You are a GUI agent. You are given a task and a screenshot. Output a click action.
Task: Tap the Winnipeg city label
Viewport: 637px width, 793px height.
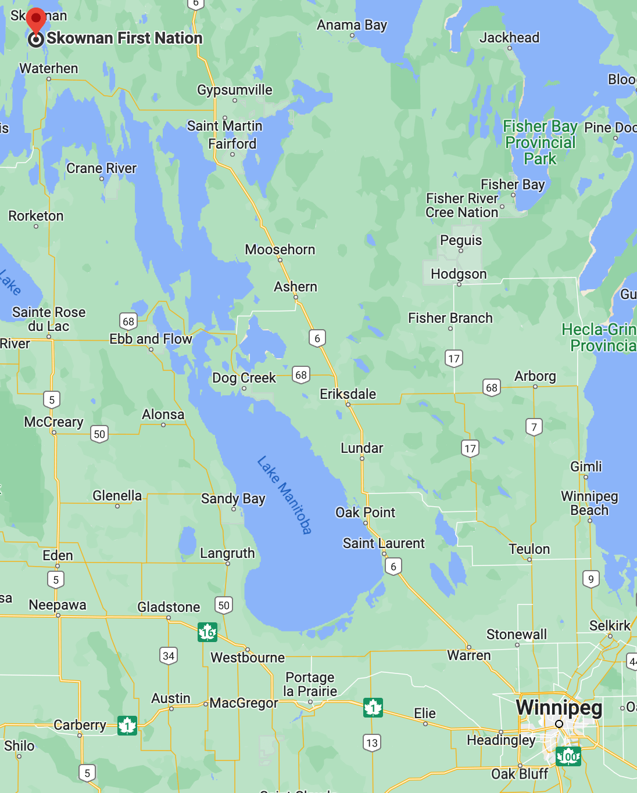pos(559,707)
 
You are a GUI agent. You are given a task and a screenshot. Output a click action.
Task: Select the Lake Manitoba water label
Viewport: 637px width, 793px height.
pos(285,495)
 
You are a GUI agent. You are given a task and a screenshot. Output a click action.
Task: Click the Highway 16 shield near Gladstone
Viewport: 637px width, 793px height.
pos(207,632)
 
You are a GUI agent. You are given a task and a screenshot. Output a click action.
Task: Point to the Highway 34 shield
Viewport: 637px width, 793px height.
pos(169,656)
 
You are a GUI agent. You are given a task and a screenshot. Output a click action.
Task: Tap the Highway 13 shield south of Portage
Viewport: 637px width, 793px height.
pos(372,742)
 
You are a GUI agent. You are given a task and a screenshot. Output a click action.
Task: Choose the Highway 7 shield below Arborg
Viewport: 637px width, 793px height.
pos(534,427)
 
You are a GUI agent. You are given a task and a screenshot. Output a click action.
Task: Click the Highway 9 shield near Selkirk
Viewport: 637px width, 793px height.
pos(591,579)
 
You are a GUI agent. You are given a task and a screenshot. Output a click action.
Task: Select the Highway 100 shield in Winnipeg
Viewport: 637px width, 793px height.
pos(568,756)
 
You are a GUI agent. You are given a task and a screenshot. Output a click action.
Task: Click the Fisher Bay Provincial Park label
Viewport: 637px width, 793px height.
pos(540,142)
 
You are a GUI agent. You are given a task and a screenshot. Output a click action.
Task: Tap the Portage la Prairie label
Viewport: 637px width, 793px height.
pos(310,684)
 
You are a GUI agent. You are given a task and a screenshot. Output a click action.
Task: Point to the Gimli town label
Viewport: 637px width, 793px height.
pos(586,467)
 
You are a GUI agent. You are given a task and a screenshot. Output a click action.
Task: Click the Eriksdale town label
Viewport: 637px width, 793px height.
pos(348,394)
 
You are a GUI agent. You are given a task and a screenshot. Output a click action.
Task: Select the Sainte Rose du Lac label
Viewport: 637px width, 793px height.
pos(49,319)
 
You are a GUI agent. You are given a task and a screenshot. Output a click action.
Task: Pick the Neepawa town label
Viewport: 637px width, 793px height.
pos(58,605)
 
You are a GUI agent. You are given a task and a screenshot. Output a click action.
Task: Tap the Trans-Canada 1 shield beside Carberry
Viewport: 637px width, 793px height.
pos(127,726)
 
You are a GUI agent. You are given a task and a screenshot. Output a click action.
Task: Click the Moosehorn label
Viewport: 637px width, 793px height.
pos(280,250)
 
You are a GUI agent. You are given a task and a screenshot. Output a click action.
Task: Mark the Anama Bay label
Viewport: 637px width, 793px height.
pos(352,25)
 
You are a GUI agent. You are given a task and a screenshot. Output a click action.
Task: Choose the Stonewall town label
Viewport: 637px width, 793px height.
pos(516,634)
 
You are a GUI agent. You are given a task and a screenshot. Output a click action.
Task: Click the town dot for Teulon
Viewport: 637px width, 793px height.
pos(529,560)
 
